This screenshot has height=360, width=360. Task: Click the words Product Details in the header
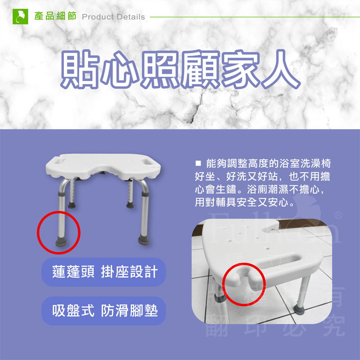(113, 17)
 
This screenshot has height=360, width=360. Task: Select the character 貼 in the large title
(80, 71)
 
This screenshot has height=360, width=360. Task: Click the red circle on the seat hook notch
(244, 284)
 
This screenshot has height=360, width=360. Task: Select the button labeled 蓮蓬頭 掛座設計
(104, 272)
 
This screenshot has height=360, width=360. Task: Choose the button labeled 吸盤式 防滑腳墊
(103, 310)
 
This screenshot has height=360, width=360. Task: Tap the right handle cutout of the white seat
(147, 159)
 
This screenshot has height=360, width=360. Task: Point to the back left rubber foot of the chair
(72, 205)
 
